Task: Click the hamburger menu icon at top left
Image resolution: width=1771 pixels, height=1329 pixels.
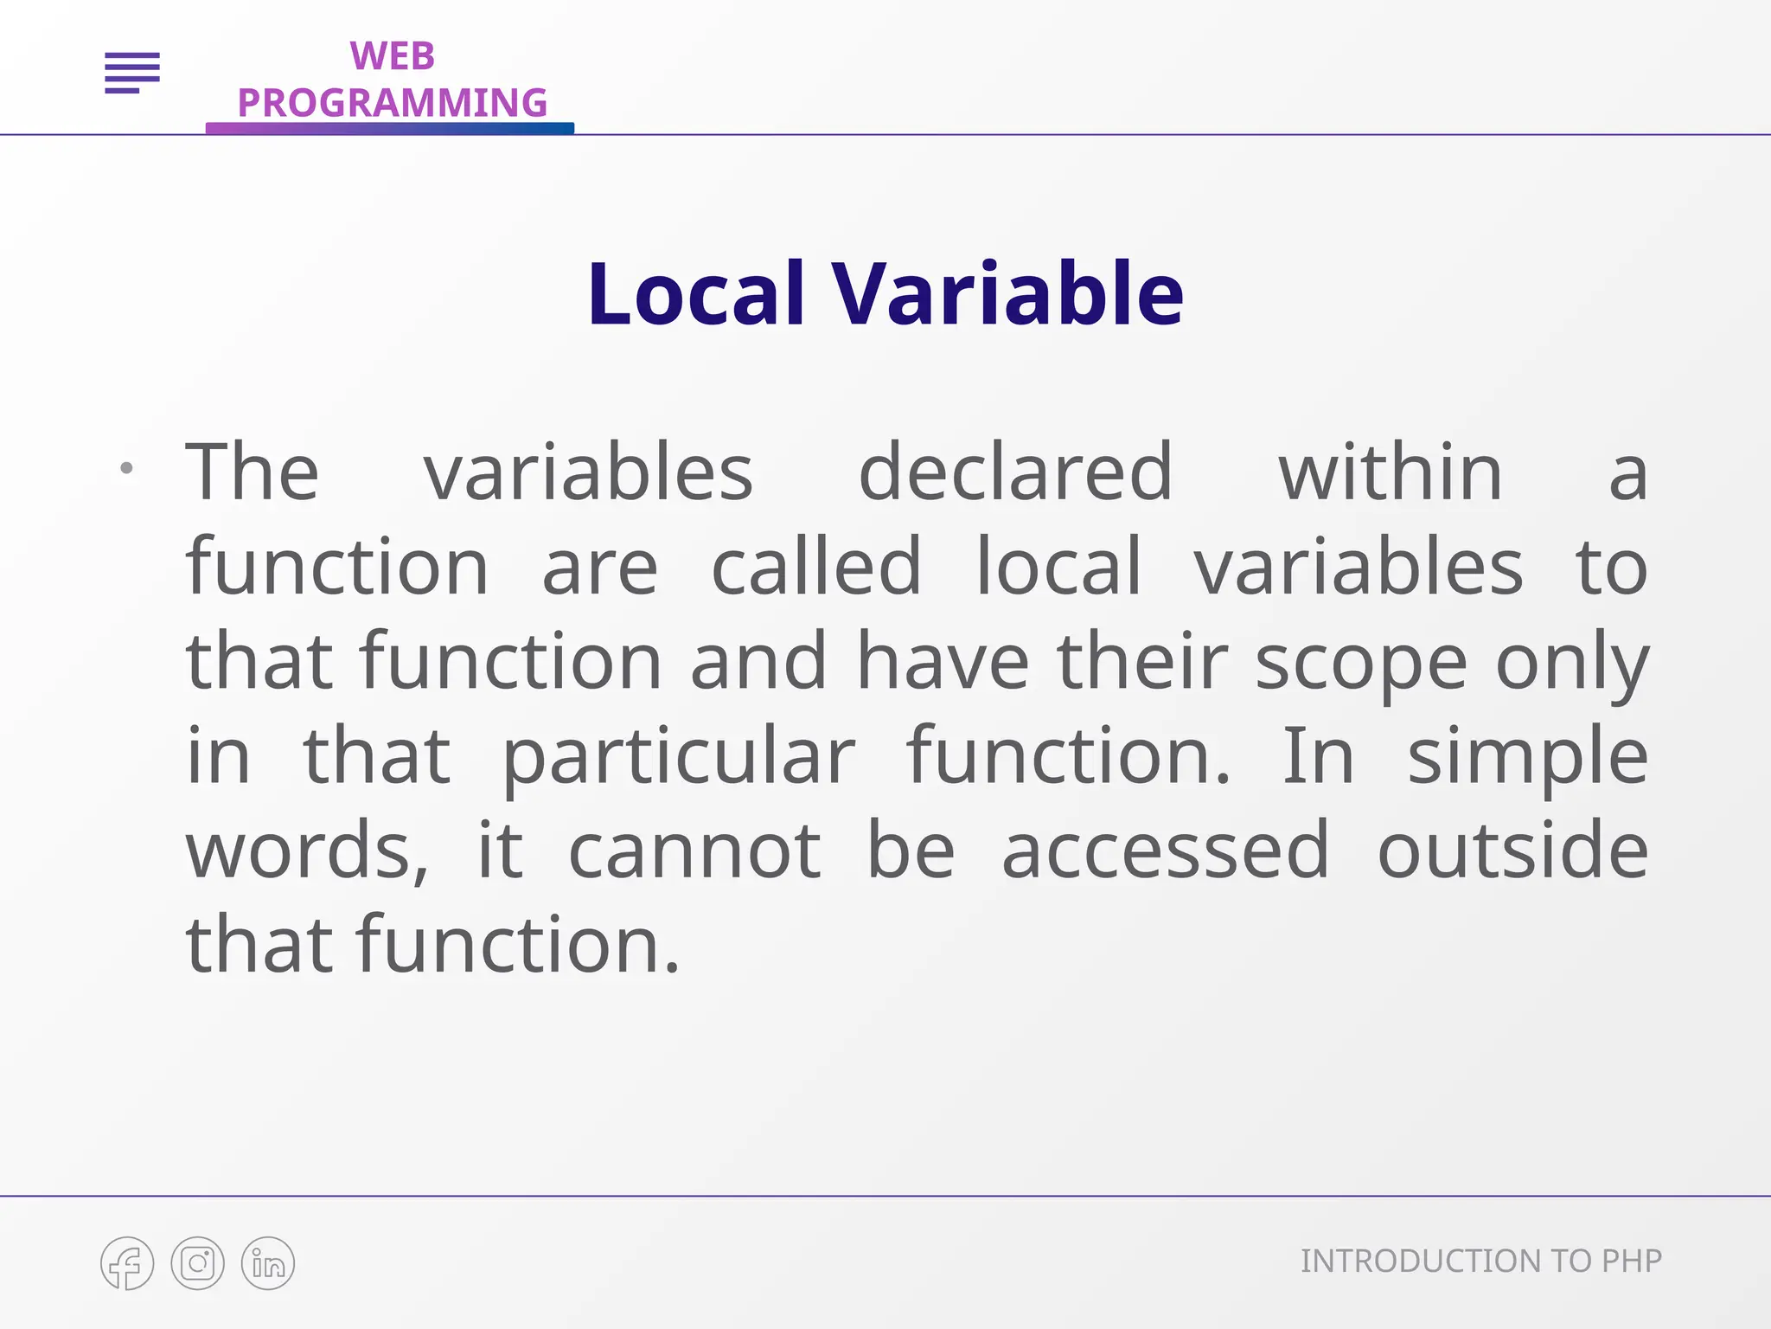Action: click(x=132, y=73)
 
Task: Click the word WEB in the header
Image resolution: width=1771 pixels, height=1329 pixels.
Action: click(x=392, y=57)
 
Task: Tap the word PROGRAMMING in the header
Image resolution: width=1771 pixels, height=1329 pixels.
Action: click(x=392, y=103)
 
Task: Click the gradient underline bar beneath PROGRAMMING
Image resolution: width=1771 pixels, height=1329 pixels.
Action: click(x=389, y=128)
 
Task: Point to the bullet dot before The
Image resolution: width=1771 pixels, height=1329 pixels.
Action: click(x=126, y=469)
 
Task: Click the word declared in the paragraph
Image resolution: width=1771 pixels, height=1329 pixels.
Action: click(x=1015, y=472)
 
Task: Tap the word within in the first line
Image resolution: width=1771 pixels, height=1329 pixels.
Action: click(x=1391, y=472)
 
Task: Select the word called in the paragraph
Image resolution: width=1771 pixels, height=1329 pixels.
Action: click(x=816, y=567)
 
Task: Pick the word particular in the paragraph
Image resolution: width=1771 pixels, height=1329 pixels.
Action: click(x=679, y=757)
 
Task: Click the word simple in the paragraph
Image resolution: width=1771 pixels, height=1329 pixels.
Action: click(x=1527, y=757)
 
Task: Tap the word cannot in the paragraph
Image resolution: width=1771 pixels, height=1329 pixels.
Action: click(x=694, y=851)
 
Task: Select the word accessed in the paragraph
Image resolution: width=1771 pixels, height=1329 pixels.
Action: click(x=1165, y=851)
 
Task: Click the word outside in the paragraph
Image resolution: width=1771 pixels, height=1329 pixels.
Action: click(x=1512, y=851)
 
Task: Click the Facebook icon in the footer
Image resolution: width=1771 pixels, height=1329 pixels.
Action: click(x=127, y=1263)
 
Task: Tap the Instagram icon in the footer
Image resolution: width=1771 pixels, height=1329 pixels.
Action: click(x=197, y=1263)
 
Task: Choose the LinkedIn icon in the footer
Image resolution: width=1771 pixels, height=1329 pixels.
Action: click(x=268, y=1263)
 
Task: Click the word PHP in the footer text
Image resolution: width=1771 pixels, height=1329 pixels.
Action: click(x=1631, y=1262)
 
